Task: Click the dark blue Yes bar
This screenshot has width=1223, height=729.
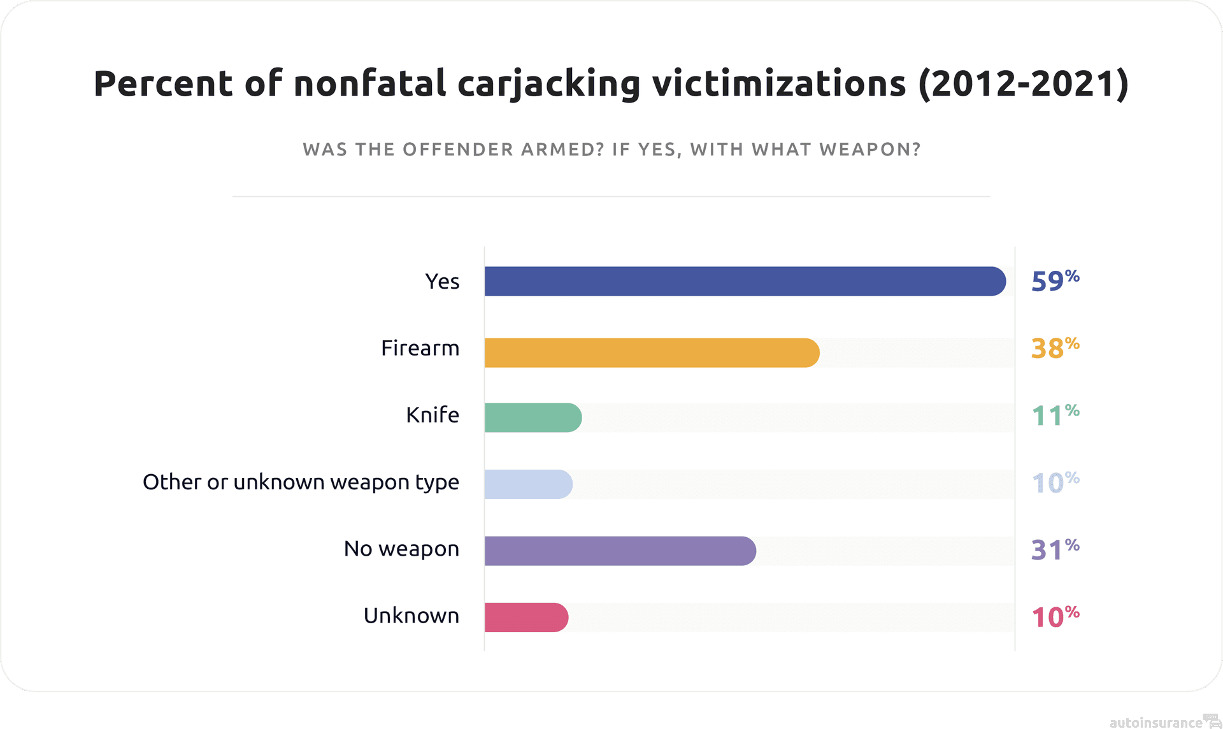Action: [x=745, y=281]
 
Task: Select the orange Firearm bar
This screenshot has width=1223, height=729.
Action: [x=652, y=352]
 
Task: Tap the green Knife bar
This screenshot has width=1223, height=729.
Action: [x=533, y=417]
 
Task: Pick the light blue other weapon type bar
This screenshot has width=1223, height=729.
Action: [x=528, y=484]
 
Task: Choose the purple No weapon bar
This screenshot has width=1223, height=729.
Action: [x=620, y=551]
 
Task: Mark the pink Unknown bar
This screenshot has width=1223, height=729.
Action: [x=526, y=617]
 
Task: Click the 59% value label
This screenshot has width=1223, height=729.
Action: [x=1055, y=281]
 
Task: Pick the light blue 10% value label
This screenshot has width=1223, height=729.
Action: [x=1055, y=482]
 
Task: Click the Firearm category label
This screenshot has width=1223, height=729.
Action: [x=420, y=349]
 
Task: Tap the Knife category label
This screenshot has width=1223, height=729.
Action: [x=433, y=415]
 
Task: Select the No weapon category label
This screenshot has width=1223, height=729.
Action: [x=401, y=549]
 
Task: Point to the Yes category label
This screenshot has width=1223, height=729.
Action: [x=442, y=281]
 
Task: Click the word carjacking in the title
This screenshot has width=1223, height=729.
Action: [x=548, y=84]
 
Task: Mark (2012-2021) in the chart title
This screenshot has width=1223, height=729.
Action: [x=1024, y=84]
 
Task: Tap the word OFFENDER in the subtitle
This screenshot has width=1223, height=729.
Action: [x=458, y=150]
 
